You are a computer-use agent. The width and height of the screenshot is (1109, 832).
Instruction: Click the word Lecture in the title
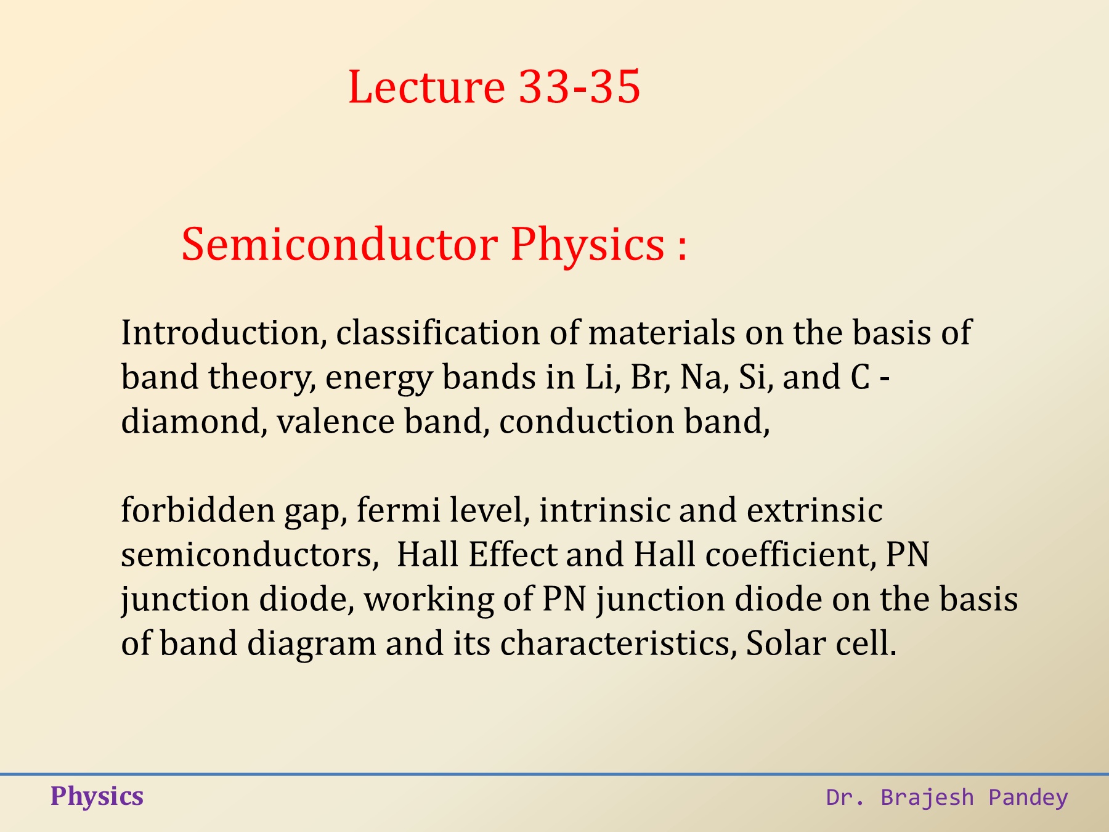pos(426,86)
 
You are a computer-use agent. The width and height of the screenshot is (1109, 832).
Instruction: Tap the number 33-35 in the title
pos(580,86)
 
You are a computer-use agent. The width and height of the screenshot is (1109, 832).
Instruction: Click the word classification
pos(438,333)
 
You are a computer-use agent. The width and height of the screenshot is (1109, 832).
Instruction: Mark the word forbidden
pos(198,510)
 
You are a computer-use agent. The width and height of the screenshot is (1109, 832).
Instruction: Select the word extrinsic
pos(814,510)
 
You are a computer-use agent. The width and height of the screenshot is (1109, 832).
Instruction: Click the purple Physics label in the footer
pos(97,797)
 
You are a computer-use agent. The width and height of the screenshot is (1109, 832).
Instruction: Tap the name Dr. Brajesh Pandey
pos(947,797)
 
